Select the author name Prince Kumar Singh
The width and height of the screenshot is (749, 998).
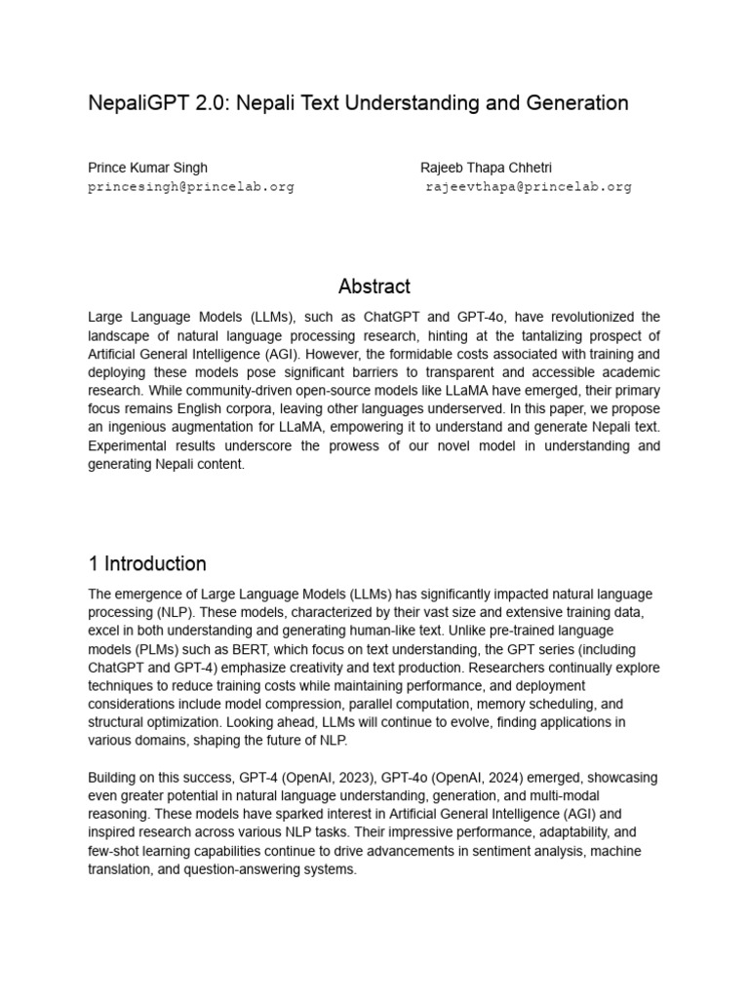147,168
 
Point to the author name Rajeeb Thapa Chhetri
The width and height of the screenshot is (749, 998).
486,168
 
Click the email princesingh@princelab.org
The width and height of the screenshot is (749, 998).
191,186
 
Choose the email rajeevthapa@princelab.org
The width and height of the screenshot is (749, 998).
529,186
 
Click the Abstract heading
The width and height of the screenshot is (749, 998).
374,287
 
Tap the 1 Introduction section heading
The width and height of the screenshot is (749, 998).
147,563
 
